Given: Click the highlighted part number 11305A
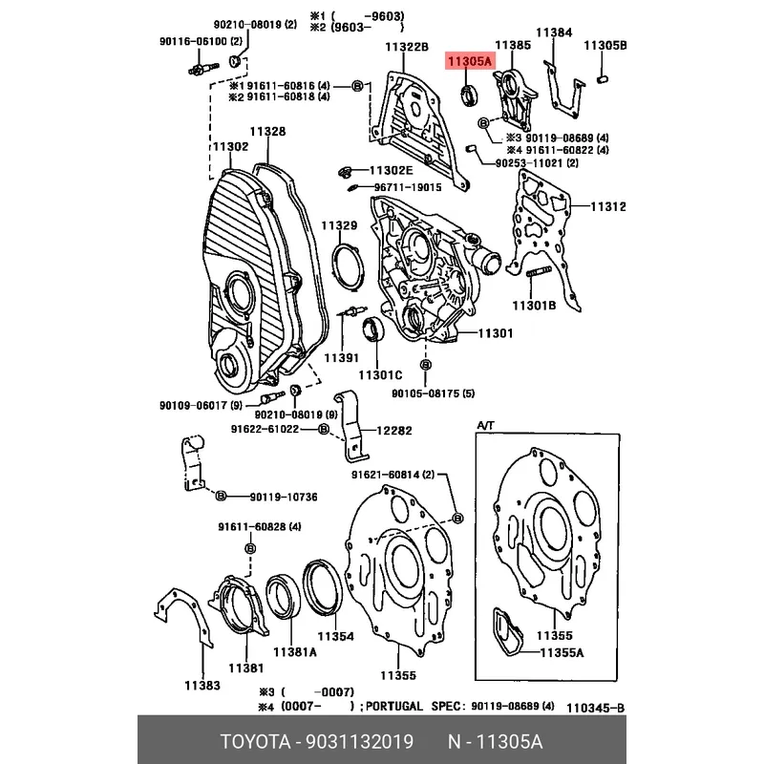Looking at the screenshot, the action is click(x=470, y=61).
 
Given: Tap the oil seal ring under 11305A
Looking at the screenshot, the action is click(x=470, y=95).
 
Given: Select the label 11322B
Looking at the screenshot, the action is click(x=407, y=47).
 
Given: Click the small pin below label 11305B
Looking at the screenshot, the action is click(x=603, y=79).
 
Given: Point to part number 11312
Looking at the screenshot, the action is click(x=608, y=206).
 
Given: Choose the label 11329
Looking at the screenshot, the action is click(x=339, y=225).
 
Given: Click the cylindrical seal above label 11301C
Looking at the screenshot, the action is click(x=373, y=328).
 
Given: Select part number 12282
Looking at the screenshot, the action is click(x=393, y=431).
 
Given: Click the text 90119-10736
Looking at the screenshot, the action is click(x=284, y=497).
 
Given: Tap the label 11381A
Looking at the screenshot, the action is click(x=295, y=652).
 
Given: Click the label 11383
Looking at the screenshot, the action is click(x=202, y=686).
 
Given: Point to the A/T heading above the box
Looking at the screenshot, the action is click(x=485, y=425).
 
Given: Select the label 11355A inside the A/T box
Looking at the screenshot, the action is click(x=562, y=652).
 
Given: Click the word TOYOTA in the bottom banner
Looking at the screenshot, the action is click(x=255, y=742).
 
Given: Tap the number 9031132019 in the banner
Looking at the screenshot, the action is click(x=360, y=742).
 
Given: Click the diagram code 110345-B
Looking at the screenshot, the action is click(x=595, y=708).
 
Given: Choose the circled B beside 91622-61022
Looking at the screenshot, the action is click(x=323, y=429).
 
